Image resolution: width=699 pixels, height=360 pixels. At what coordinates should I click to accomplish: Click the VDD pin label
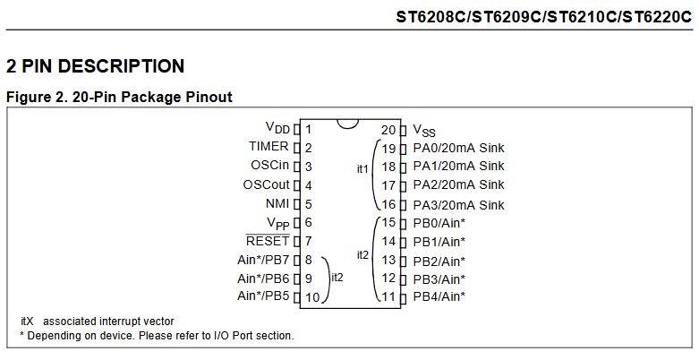pyautogui.click(x=277, y=129)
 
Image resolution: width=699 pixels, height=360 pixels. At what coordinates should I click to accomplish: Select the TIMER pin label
pyautogui.click(x=269, y=147)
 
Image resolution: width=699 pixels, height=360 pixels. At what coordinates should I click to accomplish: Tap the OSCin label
pyautogui.click(x=269, y=166)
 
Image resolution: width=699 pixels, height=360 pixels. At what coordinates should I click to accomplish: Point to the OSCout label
pyautogui.click(x=266, y=185)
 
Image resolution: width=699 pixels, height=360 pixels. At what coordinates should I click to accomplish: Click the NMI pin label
pyautogui.click(x=277, y=204)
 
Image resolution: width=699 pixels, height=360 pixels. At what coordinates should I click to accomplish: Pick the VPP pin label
pyautogui.click(x=277, y=223)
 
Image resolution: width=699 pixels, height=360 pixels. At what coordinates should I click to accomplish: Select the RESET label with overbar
pyautogui.click(x=268, y=241)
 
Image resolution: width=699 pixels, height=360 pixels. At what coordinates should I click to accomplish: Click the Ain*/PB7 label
pyautogui.click(x=263, y=260)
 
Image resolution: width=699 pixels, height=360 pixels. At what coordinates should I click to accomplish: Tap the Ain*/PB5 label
pyautogui.click(x=263, y=296)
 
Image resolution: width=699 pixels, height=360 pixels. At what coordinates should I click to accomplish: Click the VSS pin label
pyautogui.click(x=424, y=131)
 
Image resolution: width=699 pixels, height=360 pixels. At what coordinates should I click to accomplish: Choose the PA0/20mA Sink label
pyautogui.click(x=458, y=148)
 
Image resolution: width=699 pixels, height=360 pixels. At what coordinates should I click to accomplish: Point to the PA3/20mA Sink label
pyautogui.click(x=458, y=205)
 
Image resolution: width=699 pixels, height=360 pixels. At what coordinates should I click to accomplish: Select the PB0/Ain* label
pyautogui.click(x=439, y=223)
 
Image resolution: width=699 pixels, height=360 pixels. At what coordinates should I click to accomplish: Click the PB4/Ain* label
pyautogui.click(x=439, y=296)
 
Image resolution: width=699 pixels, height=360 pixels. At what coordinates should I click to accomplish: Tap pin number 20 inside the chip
pyautogui.click(x=388, y=130)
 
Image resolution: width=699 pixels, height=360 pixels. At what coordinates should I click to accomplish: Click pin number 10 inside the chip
pyautogui.click(x=312, y=297)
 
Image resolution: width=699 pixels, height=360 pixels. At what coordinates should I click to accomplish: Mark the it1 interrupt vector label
pyautogui.click(x=362, y=168)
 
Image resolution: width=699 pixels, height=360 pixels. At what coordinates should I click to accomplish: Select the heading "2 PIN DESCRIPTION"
pyautogui.click(x=95, y=66)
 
